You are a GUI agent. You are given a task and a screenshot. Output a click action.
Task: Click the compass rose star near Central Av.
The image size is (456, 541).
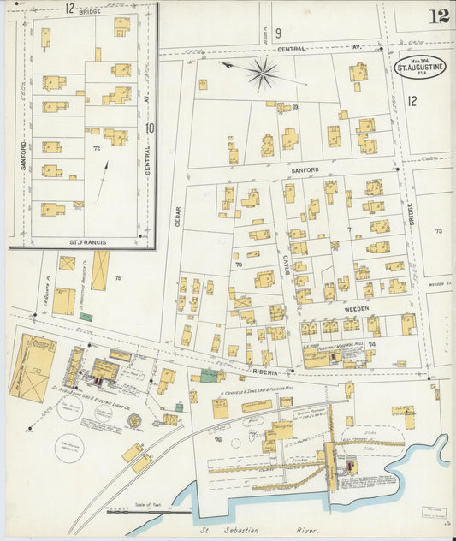[263, 74]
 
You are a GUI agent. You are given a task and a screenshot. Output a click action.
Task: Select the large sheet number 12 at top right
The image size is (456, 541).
[440, 15]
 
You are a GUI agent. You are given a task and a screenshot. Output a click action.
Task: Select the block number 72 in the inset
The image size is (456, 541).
[97, 148]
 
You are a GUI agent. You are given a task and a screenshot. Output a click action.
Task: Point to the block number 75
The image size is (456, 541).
[117, 278]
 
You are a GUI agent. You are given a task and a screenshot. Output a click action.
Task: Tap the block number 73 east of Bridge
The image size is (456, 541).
[439, 231]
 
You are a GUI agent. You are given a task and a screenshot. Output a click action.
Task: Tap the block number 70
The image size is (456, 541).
[239, 265]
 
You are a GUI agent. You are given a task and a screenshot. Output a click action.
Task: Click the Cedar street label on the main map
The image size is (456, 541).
[178, 216]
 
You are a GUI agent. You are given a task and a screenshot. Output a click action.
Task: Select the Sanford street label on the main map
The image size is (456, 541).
[304, 170]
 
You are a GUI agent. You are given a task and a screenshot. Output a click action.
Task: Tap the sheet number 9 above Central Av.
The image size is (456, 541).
[254, 33]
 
